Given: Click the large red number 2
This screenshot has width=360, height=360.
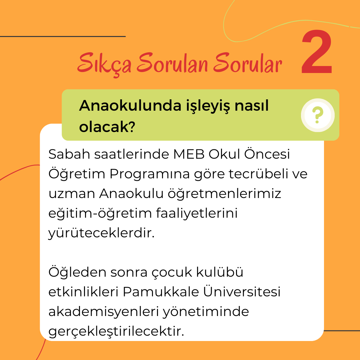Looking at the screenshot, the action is (x=317, y=52).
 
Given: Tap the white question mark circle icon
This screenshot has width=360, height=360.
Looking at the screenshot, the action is (x=318, y=115).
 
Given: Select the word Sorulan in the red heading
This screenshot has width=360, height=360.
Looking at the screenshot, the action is (x=172, y=62).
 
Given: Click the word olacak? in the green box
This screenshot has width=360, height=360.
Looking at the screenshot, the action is (x=107, y=127).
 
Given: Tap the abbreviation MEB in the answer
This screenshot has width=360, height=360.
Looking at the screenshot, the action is (x=189, y=154).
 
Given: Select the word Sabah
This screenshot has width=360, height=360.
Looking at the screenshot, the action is (x=69, y=154).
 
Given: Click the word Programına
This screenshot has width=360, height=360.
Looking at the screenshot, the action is (x=149, y=174).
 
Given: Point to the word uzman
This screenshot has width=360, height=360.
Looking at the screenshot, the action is (x=72, y=194).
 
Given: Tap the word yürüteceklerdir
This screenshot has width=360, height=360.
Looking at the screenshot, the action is (x=101, y=233).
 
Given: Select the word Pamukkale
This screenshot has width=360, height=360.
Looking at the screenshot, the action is (x=161, y=292).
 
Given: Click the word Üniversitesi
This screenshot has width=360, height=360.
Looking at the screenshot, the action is (x=242, y=291).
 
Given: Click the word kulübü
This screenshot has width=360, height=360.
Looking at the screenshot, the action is (x=219, y=272).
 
